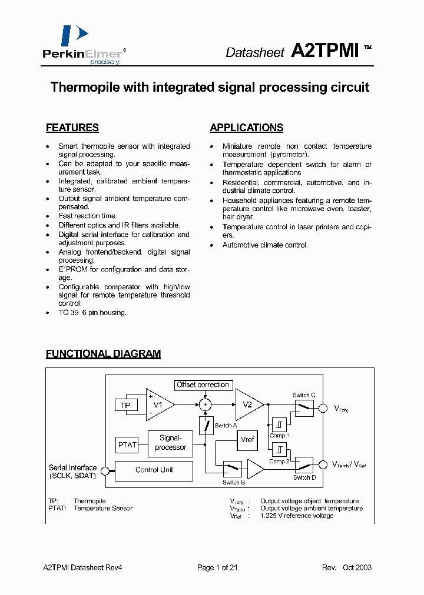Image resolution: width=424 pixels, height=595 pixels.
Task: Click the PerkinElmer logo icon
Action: (x=74, y=35)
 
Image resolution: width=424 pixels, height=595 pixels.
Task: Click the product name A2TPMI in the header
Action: (x=325, y=51)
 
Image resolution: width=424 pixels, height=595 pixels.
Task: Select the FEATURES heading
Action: (x=72, y=128)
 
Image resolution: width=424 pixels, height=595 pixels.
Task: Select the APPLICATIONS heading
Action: (x=246, y=128)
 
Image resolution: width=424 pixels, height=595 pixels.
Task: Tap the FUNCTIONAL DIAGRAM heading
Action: (x=103, y=354)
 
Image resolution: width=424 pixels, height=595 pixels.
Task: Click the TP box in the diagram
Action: (x=125, y=405)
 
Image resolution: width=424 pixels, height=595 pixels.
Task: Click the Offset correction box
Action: (x=203, y=385)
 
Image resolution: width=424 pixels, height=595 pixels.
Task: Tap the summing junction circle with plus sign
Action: (x=206, y=405)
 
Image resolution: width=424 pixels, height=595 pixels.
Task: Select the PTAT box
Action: (x=127, y=444)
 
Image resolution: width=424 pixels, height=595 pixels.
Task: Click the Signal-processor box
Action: (x=170, y=443)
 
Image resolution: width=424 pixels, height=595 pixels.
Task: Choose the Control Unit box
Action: (x=154, y=470)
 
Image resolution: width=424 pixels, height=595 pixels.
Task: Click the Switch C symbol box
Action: (x=304, y=407)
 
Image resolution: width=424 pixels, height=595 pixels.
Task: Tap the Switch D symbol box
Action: (x=304, y=466)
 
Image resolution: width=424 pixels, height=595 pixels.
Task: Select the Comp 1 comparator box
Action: (x=279, y=424)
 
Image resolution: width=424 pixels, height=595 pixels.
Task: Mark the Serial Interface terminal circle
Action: (x=104, y=470)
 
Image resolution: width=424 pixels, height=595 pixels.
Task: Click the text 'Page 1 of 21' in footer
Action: (x=217, y=567)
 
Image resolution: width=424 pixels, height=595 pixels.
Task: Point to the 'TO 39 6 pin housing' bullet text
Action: (x=92, y=313)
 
